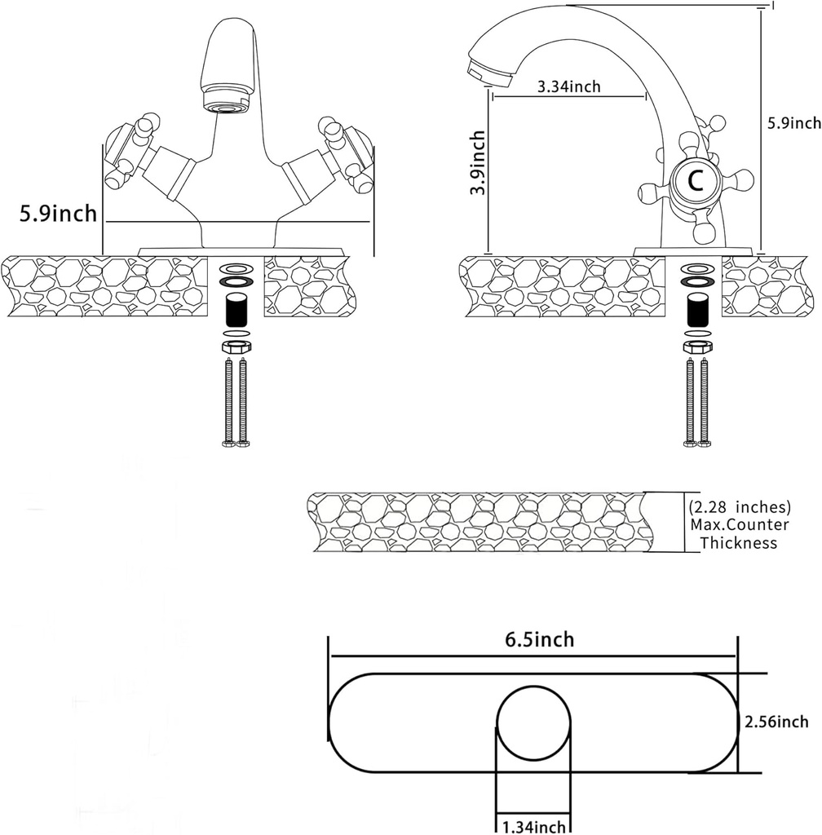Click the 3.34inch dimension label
point(569,86)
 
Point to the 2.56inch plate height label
point(776,722)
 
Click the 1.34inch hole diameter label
point(534,827)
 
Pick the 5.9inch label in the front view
point(59,214)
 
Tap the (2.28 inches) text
point(740,506)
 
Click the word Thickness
point(739,543)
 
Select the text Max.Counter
point(740,524)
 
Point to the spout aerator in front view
point(225,105)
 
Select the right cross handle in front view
point(342,150)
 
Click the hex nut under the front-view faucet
point(236,347)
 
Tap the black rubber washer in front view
point(236,281)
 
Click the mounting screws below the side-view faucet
point(697,400)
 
